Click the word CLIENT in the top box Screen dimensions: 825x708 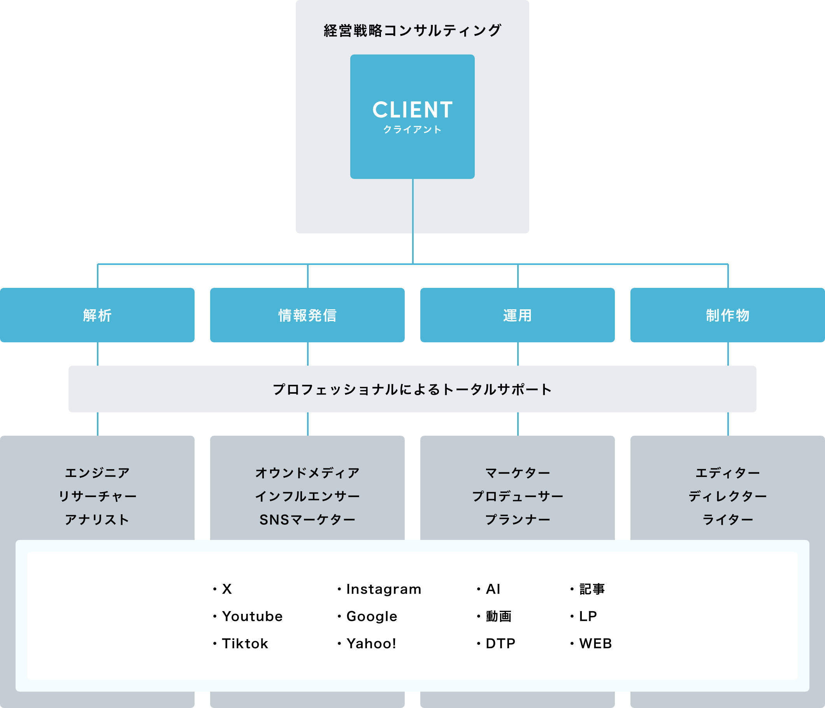[412, 110]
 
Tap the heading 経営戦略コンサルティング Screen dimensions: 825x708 [412, 31]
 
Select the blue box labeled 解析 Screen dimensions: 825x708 [97, 315]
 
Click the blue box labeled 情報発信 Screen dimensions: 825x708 [307, 315]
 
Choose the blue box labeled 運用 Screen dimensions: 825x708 [518, 315]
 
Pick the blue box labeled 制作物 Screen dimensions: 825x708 [727, 315]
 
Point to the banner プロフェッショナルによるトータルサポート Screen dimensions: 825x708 [412, 389]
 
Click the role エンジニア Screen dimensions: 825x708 [97, 473]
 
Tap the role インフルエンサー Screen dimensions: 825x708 [307, 496]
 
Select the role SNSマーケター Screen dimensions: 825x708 [307, 520]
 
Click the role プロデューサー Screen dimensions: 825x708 [518, 496]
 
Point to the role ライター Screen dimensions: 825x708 [727, 520]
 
